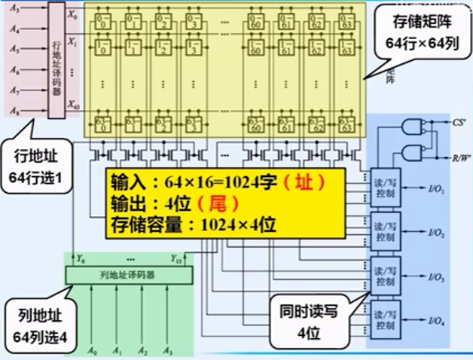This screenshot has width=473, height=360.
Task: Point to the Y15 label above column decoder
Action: [175, 260]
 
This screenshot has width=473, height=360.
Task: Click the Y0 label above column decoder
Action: [81, 260]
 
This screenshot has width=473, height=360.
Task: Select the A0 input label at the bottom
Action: [92, 349]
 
